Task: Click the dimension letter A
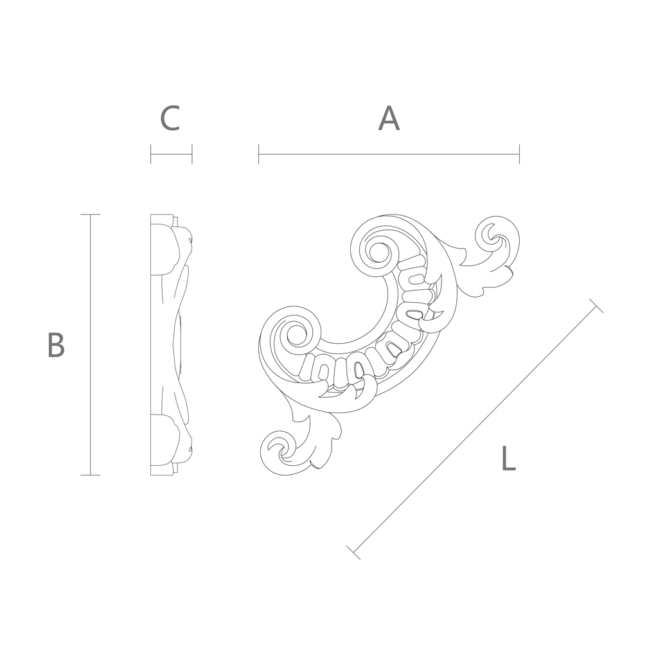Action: coord(389,118)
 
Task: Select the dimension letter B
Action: coord(57,344)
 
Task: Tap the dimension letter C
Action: coord(170,118)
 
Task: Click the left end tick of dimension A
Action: coord(259,154)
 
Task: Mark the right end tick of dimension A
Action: coord(519,154)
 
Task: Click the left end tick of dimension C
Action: coord(151,154)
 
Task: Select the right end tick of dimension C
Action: coord(191,154)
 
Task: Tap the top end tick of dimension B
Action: coord(90,215)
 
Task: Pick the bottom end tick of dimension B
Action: coord(90,475)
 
